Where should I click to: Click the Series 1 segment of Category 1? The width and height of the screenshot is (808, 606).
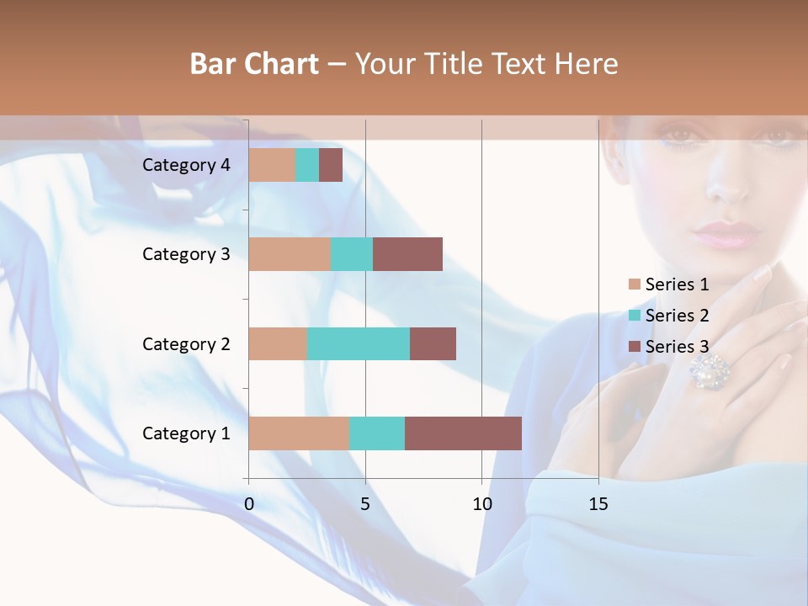pyautogui.click(x=299, y=433)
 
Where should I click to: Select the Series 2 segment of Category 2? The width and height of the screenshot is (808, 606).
pyautogui.click(x=359, y=343)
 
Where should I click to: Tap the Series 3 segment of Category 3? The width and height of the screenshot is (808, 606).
pyautogui.click(x=407, y=254)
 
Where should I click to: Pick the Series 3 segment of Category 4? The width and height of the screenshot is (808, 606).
pyautogui.click(x=331, y=165)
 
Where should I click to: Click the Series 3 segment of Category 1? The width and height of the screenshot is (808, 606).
pyautogui.click(x=463, y=433)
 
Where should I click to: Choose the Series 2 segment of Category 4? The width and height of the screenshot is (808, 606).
pyautogui.click(x=307, y=165)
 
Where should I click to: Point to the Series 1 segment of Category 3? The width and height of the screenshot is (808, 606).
pyautogui.click(x=290, y=254)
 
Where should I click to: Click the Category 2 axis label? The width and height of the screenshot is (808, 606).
pyautogui.click(x=186, y=343)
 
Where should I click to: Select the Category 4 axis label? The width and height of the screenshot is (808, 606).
pyautogui.click(x=186, y=165)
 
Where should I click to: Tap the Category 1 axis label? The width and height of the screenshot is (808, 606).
pyautogui.click(x=186, y=433)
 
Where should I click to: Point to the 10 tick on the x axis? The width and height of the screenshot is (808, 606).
pyautogui.click(x=481, y=504)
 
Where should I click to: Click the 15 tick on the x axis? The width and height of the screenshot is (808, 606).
pyautogui.click(x=598, y=504)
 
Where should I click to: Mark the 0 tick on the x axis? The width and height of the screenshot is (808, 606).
pyautogui.click(x=249, y=504)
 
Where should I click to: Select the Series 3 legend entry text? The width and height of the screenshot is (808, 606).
pyautogui.click(x=677, y=346)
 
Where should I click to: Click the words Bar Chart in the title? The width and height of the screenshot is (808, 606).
pyautogui.click(x=254, y=64)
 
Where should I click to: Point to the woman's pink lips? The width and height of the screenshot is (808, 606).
pyautogui.click(x=726, y=233)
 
